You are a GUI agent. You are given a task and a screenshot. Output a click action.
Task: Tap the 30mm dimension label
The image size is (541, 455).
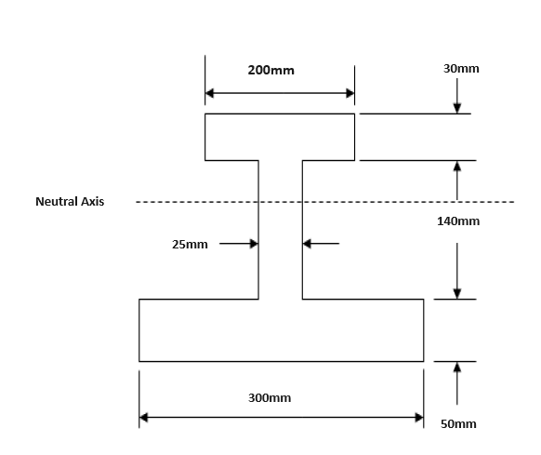(x=462, y=69)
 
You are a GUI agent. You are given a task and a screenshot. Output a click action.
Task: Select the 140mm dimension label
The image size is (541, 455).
(x=458, y=221)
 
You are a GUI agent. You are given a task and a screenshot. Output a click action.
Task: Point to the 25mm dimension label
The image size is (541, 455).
(x=190, y=245)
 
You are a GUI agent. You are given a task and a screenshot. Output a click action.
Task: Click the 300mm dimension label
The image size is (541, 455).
(x=270, y=398)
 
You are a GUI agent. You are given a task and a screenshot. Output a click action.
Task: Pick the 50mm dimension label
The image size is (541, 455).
(x=458, y=424)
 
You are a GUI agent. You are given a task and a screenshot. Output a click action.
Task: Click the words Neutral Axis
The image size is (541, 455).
(x=70, y=201)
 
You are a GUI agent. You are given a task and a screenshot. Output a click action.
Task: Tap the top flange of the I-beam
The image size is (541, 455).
(x=280, y=137)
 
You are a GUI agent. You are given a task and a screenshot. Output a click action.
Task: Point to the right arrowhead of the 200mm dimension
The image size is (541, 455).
(x=350, y=93)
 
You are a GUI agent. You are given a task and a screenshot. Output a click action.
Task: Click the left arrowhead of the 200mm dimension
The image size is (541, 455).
(x=210, y=93)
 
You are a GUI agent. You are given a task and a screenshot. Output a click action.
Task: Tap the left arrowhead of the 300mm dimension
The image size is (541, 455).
(x=144, y=418)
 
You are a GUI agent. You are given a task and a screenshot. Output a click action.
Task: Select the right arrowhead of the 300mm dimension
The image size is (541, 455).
(x=418, y=418)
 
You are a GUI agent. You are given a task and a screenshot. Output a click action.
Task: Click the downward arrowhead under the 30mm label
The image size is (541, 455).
(x=457, y=108)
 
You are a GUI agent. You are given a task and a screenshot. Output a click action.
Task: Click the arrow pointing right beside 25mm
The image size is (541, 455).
(x=253, y=244)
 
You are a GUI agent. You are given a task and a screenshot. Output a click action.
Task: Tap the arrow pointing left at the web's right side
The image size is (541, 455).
(x=308, y=244)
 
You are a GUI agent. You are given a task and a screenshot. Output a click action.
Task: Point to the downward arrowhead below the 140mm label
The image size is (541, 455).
(x=457, y=293)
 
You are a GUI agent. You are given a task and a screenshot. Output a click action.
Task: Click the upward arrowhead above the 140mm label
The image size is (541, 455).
(x=457, y=167)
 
